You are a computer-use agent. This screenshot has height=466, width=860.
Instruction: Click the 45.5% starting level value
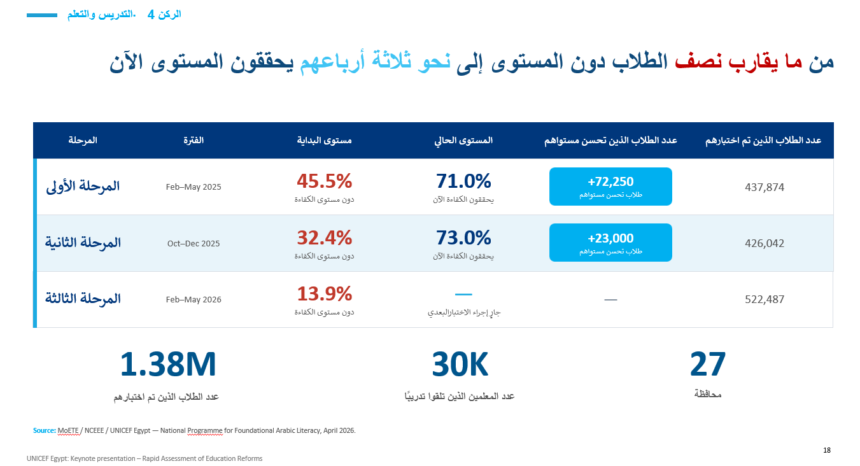(325, 181)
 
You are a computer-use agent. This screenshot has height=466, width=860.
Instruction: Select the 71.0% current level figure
(463, 181)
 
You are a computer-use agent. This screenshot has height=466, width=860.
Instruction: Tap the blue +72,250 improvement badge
(610, 187)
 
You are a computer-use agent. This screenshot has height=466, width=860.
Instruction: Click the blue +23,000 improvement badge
(610, 243)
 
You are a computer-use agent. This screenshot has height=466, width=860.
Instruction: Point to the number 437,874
(765, 187)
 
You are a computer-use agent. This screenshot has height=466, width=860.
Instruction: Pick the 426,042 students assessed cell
(765, 243)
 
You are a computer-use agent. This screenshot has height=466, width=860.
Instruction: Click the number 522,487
(765, 299)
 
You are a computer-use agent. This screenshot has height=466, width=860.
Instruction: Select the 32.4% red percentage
(325, 237)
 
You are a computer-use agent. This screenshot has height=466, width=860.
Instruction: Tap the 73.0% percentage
(463, 237)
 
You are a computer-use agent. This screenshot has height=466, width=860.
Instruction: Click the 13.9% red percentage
(325, 294)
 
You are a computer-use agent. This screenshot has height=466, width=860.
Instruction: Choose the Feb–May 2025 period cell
(194, 187)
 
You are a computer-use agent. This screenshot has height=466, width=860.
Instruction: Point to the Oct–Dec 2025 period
(194, 243)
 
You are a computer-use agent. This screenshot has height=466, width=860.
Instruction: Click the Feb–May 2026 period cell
(194, 299)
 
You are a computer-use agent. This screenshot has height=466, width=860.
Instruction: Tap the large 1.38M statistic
(168, 364)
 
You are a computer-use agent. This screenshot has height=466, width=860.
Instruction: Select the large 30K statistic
(460, 364)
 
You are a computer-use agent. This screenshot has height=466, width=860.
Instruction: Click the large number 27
(708, 364)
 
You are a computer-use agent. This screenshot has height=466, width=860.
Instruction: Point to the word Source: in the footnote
(45, 431)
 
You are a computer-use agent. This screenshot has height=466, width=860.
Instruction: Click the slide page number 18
(827, 450)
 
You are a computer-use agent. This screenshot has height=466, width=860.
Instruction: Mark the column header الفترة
(194, 141)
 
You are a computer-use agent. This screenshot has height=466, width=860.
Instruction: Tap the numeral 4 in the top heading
(151, 15)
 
